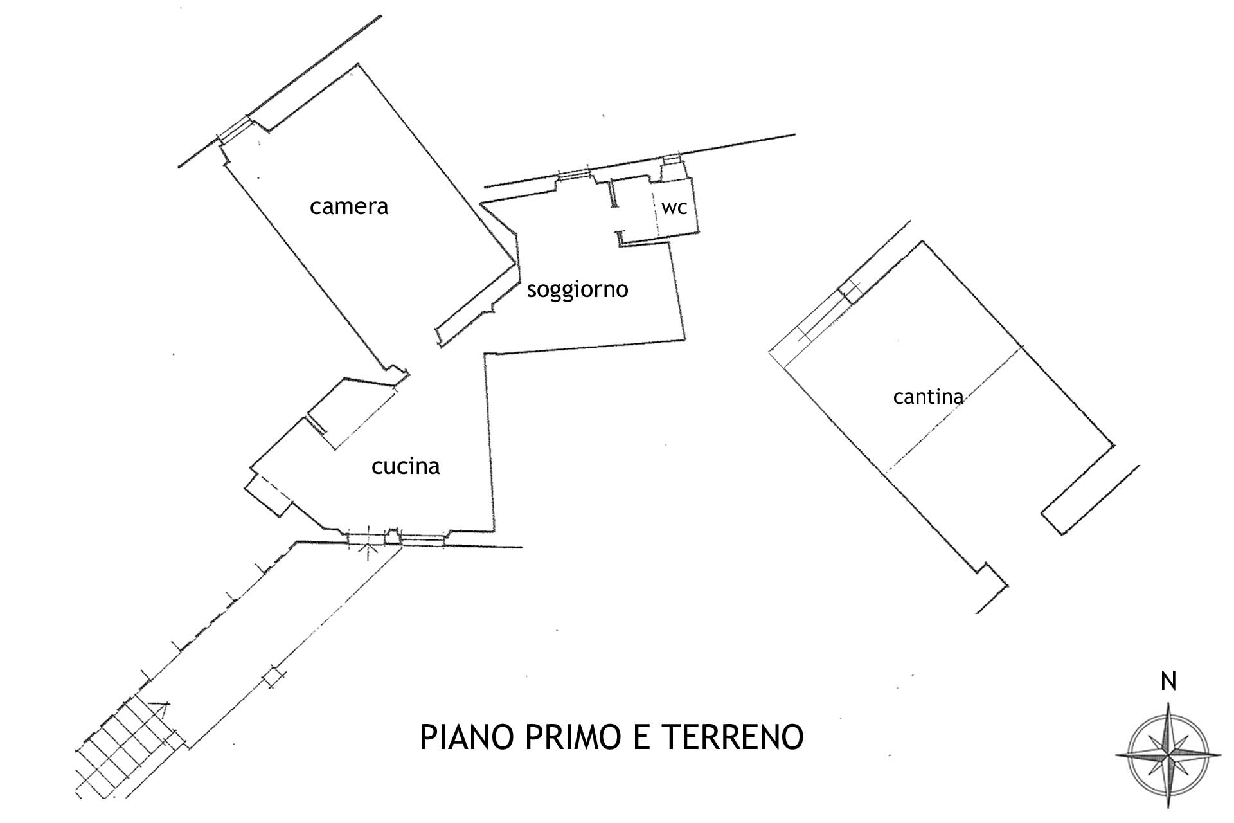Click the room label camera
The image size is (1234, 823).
(349, 207)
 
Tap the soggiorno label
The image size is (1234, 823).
(577, 290)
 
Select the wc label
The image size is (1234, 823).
(674, 208)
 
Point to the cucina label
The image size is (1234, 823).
(406, 466)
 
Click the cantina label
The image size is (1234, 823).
(928, 397)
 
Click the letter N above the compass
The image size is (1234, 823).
(1168, 682)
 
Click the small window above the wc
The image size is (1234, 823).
(672, 159)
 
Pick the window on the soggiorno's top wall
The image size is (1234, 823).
(573, 174)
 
